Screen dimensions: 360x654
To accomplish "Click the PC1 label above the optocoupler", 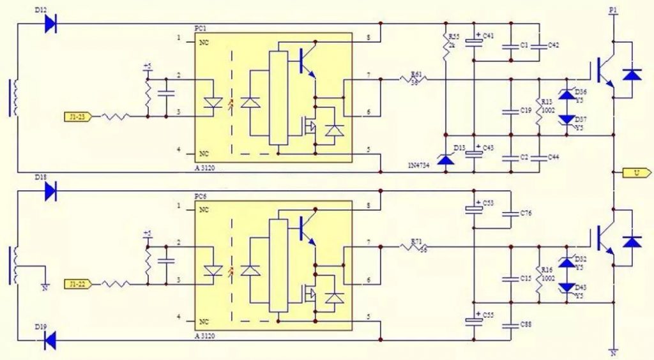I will point(201,30).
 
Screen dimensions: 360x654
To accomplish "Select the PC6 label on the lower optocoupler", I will point(201,197).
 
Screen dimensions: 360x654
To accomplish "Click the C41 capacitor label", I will point(489,36).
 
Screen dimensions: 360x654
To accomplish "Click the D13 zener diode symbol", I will point(445,160).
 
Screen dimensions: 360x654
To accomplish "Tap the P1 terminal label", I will point(613,10).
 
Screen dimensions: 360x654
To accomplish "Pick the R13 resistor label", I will point(546,101).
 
